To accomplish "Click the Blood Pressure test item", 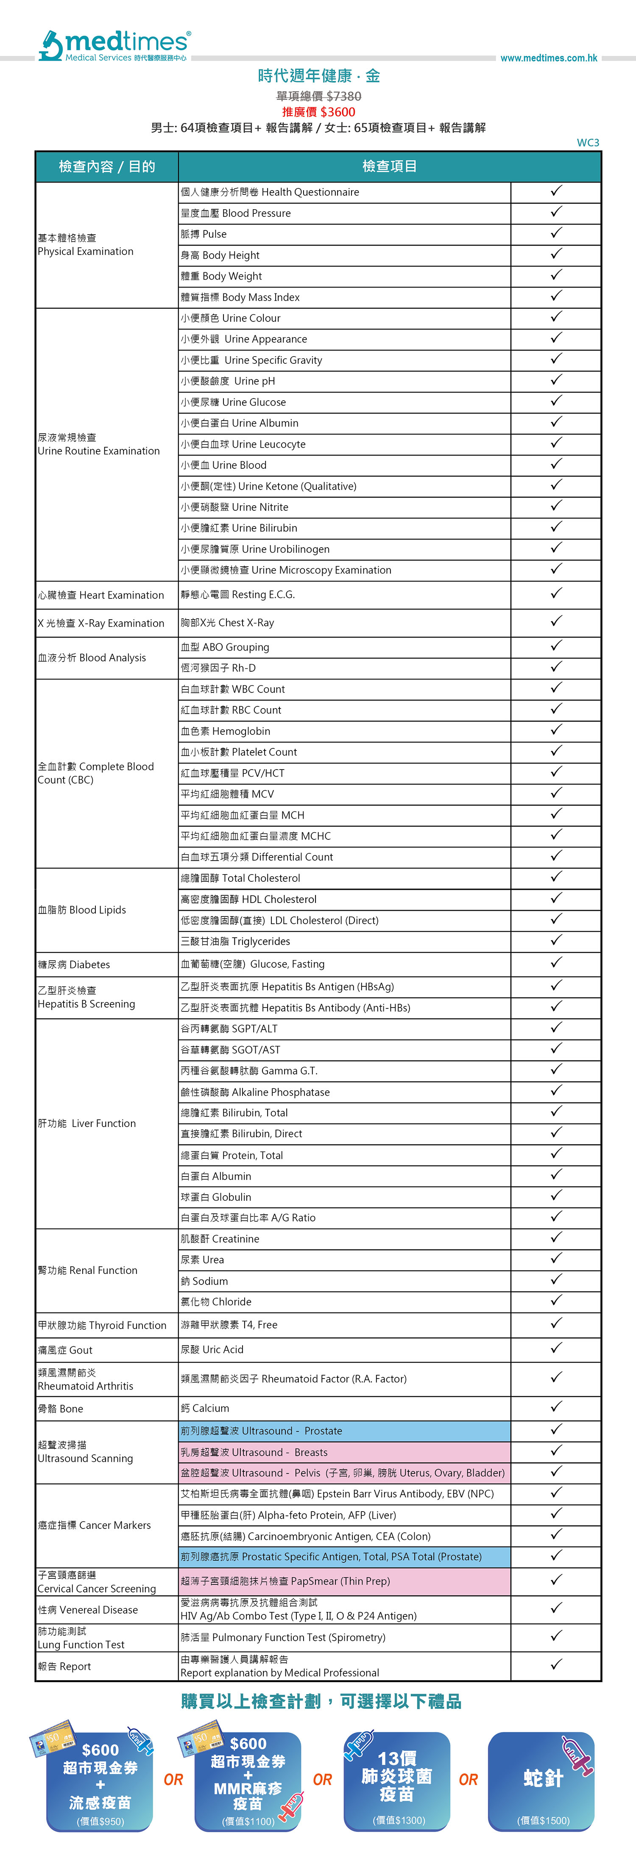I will point(236,213).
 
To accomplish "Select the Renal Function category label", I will point(88,1270).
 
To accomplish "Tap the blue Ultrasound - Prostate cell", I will point(345,1431).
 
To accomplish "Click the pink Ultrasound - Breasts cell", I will point(345,1452).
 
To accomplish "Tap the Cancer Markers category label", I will point(95,1525).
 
